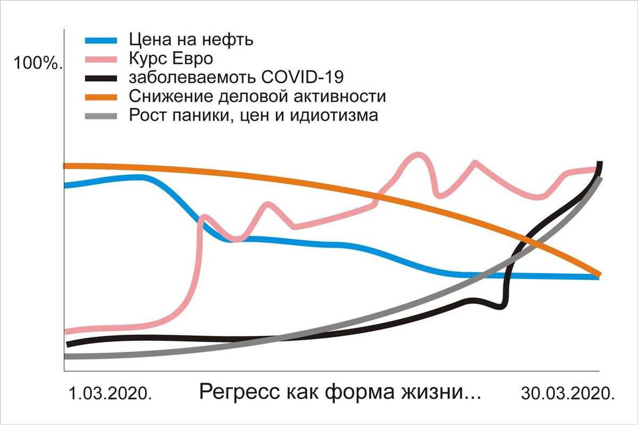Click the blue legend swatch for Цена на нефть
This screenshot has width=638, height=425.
101,40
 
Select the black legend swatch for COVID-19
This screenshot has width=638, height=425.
101,78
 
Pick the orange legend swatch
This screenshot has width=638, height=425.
101,97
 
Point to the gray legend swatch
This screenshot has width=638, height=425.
101,115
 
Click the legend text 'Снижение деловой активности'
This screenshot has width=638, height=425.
257,97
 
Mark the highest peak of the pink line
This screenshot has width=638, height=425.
419,155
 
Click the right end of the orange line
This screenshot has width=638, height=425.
599,274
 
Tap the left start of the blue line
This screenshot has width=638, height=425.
65,185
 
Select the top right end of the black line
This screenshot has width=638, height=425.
600,163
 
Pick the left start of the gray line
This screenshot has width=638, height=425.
65,356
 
